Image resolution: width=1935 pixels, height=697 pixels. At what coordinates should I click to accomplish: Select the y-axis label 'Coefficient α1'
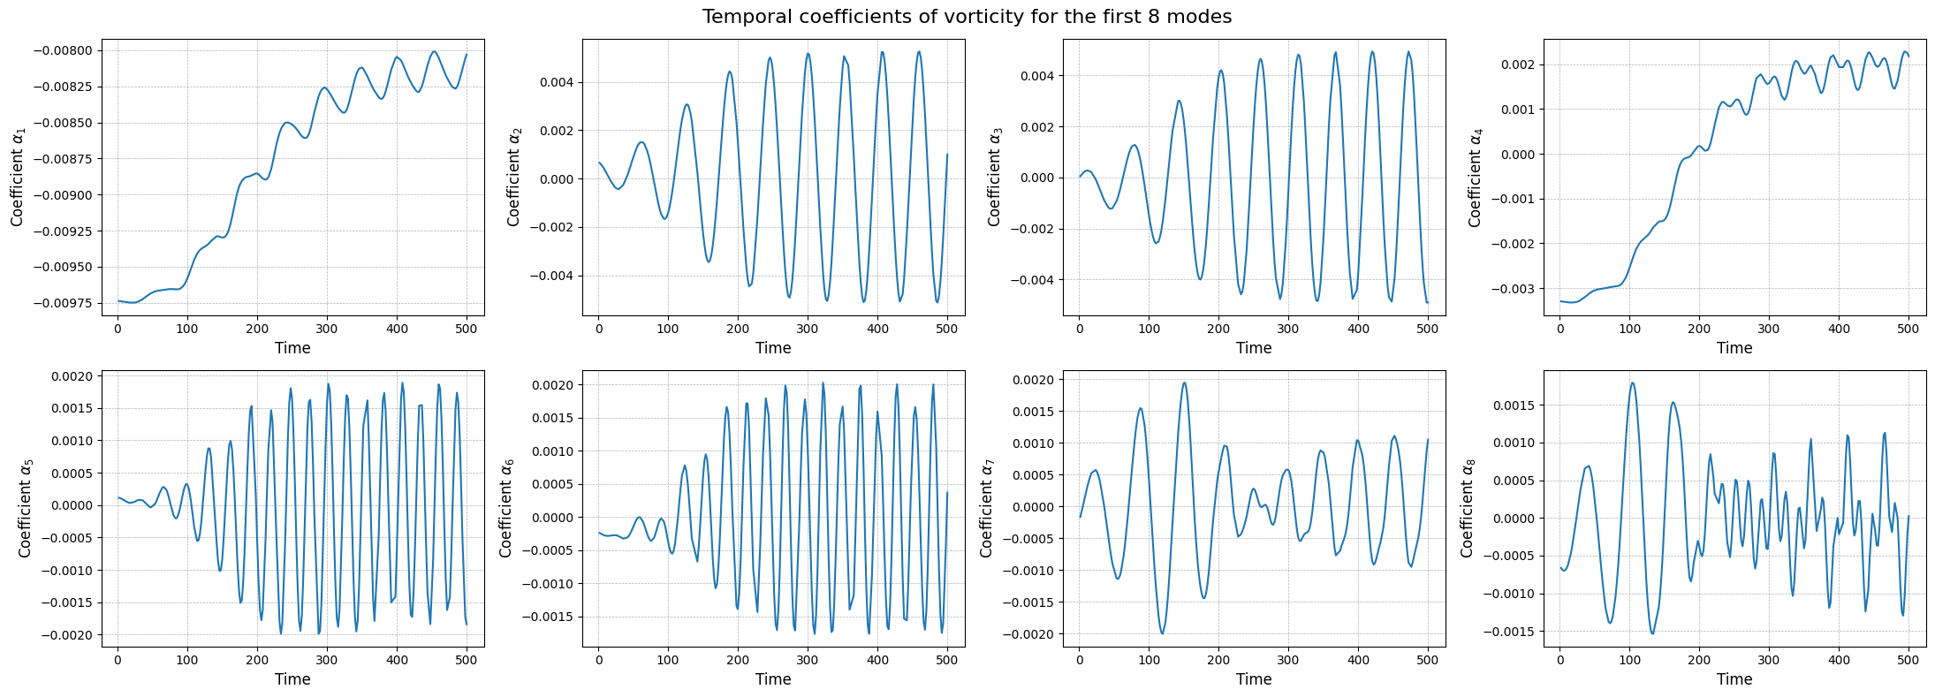point(18,176)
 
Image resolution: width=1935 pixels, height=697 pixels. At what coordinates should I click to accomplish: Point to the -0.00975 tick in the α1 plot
point(63,303)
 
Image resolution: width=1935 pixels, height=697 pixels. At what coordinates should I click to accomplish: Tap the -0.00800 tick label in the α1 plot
point(63,50)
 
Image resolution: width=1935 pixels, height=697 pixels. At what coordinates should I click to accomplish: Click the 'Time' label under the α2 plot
point(773,348)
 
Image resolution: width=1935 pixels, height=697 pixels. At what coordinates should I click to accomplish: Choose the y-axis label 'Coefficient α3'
point(995,176)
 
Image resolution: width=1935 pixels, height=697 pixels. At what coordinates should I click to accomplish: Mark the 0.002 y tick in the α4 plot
point(1514,64)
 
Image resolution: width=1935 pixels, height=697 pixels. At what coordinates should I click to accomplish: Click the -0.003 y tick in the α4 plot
point(1511,289)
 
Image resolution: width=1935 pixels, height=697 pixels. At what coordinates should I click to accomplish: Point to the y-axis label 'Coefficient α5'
point(25,508)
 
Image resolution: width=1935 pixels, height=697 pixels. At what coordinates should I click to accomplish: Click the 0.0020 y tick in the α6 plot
point(551,385)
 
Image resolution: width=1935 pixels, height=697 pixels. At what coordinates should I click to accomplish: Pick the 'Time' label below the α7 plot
point(1254,679)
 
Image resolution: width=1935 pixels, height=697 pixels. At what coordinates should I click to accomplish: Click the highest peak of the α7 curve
point(1184,383)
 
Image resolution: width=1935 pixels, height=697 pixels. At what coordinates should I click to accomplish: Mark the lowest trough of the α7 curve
point(1162,633)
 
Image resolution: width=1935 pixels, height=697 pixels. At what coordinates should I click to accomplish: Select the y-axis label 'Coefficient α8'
point(1467,508)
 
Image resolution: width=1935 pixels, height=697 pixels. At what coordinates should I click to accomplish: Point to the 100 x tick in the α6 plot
point(668,660)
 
